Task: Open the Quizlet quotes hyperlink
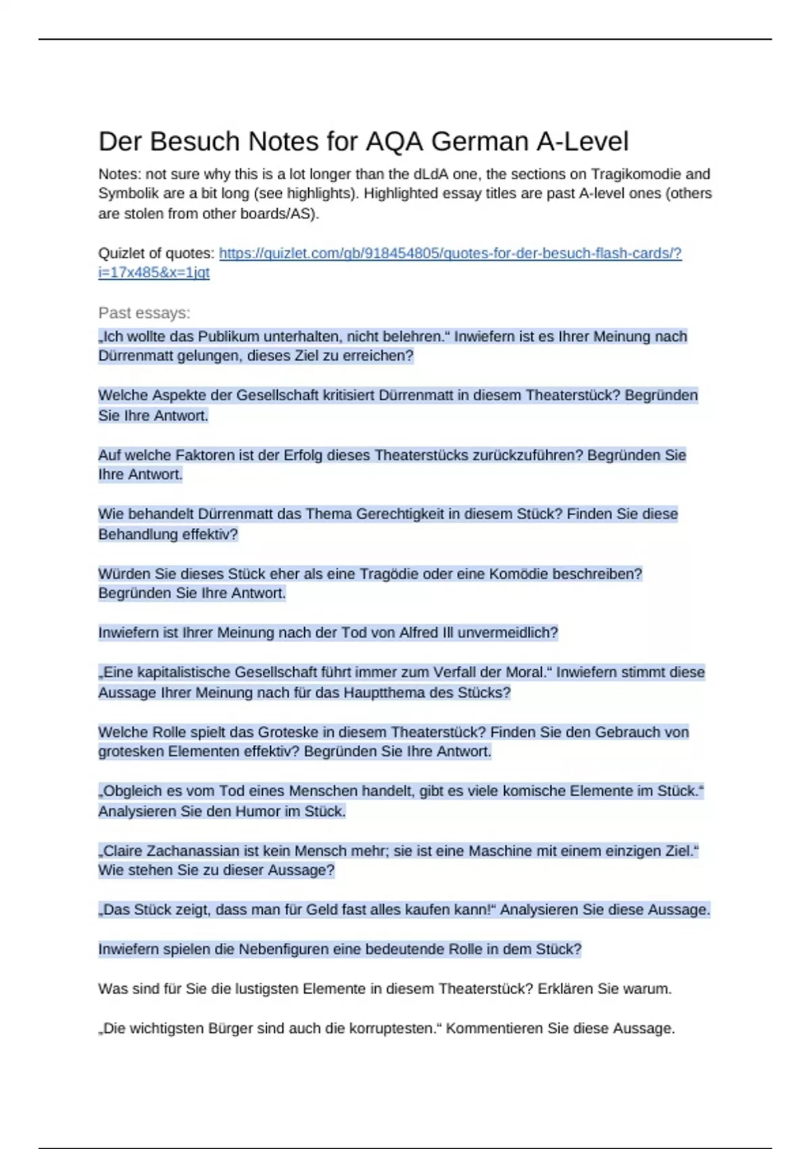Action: tap(449, 253)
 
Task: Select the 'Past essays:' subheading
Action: tap(144, 313)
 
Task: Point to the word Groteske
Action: tap(300, 732)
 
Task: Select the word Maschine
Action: tap(501, 851)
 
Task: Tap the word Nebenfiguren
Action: tap(291, 950)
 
